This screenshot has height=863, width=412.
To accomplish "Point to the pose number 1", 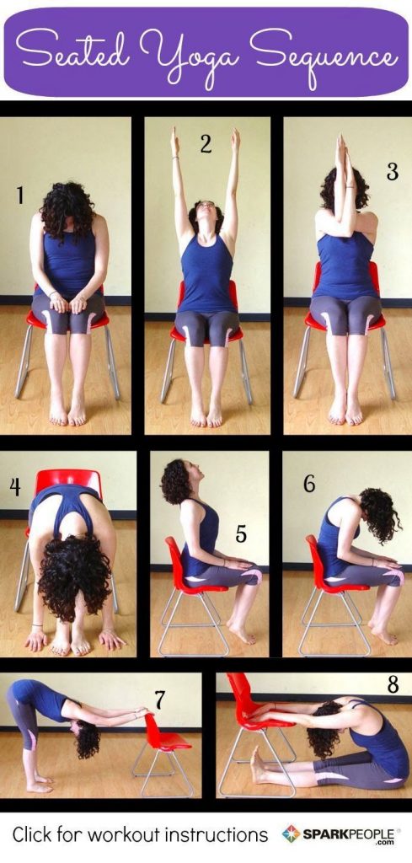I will [x=19, y=196].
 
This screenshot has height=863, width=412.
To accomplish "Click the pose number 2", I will [x=206, y=144].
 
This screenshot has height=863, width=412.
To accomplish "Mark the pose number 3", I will [x=392, y=171].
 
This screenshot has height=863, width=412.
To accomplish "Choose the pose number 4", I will [x=15, y=486].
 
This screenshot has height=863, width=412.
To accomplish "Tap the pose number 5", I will [x=240, y=534].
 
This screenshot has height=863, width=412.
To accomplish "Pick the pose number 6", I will [x=308, y=483].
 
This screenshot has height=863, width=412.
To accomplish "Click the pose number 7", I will [x=159, y=699].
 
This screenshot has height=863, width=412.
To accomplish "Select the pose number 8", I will [x=393, y=684].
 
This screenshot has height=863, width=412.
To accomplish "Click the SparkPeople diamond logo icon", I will [x=291, y=834].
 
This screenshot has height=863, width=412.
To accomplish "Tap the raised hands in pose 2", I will [x=205, y=140].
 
